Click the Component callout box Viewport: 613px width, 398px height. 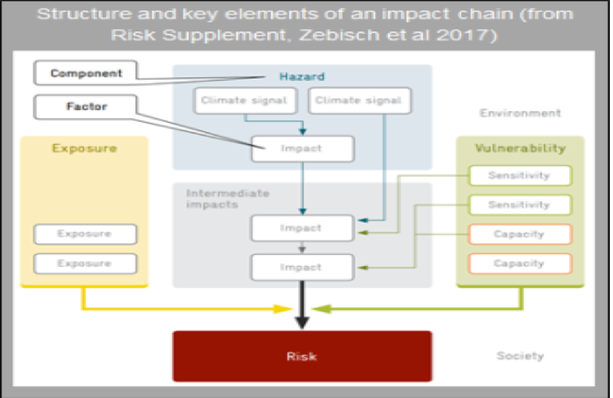click(86, 72)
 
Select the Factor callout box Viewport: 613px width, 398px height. click(86, 106)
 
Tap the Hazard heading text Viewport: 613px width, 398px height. click(302, 76)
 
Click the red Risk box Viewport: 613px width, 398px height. click(302, 356)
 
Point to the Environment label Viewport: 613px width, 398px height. click(520, 113)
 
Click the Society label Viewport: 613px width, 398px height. click(520, 356)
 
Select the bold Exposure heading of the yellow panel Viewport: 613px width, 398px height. click(84, 148)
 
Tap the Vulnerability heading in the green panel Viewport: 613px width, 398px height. click(520, 148)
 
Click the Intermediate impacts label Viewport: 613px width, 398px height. click(227, 199)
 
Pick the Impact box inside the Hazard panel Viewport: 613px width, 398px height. click(303, 149)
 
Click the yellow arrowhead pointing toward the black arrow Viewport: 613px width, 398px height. click(283, 309)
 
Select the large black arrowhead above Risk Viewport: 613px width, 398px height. click(302, 322)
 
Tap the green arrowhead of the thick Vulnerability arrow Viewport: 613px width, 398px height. click(322, 309)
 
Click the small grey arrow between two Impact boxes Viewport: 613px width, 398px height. click(302, 248)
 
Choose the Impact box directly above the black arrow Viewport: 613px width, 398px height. click(303, 267)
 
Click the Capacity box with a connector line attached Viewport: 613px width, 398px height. click(520, 234)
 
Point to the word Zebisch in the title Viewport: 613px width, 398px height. click(339, 35)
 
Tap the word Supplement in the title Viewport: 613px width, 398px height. click(225, 35)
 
